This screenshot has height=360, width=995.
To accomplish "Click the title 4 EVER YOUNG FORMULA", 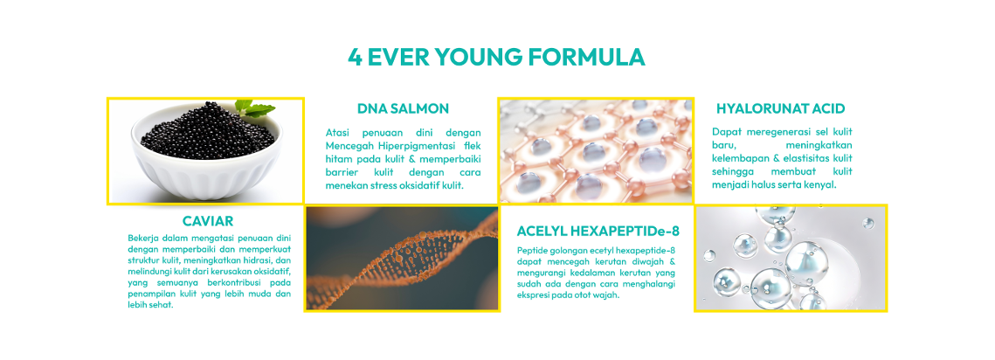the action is pos(496,57).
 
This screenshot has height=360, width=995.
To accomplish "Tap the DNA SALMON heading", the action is pos(403,108).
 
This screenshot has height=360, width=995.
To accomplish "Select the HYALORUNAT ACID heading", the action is pos(780,108).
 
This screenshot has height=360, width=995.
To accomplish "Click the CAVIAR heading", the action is pos(208,222).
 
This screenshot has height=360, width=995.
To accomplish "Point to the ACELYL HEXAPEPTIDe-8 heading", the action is pos(598,230).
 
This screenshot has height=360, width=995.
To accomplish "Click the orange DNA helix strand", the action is pos(406,261).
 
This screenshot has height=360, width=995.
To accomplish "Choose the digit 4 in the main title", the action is pos(356,57).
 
